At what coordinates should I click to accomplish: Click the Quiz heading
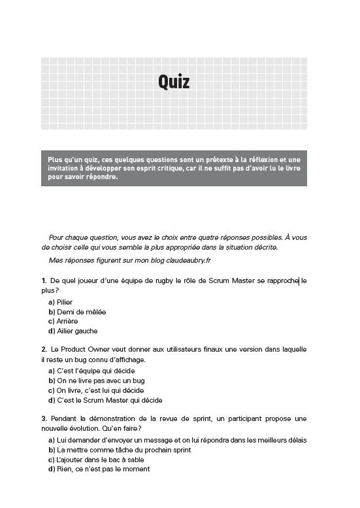tap(174, 82)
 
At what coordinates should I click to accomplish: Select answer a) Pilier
tap(61, 302)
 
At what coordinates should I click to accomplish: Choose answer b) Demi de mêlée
tap(77, 312)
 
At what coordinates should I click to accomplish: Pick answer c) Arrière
tap(63, 322)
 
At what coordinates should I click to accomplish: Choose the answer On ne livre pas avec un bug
tap(97, 381)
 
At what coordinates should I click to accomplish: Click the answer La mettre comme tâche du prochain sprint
tap(120, 450)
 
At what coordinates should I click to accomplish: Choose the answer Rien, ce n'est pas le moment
tap(99, 469)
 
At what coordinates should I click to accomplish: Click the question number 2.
tap(44, 350)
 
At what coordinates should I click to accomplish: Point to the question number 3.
tap(44, 418)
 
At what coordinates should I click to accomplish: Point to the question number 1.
tap(44, 280)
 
